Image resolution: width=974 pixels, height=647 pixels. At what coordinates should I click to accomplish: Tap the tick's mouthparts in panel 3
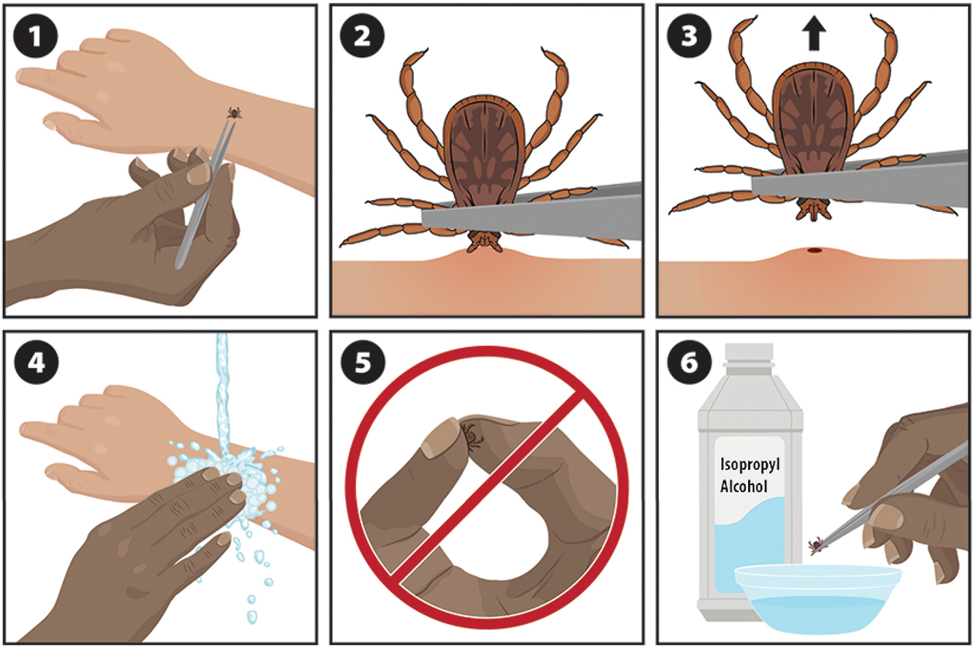pyautogui.click(x=813, y=209)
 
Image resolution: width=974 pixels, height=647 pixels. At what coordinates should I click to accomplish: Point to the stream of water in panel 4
pyautogui.click(x=222, y=395)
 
